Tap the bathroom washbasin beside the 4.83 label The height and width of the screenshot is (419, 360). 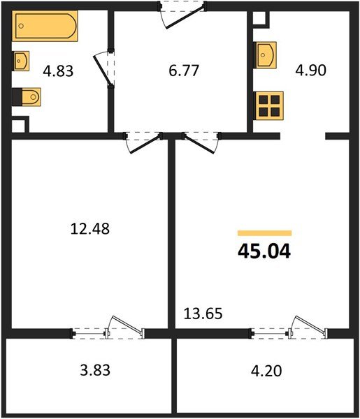click(x=20, y=61)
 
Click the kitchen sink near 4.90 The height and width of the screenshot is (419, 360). click(x=266, y=54)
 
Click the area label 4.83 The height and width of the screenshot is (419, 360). click(x=58, y=71)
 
